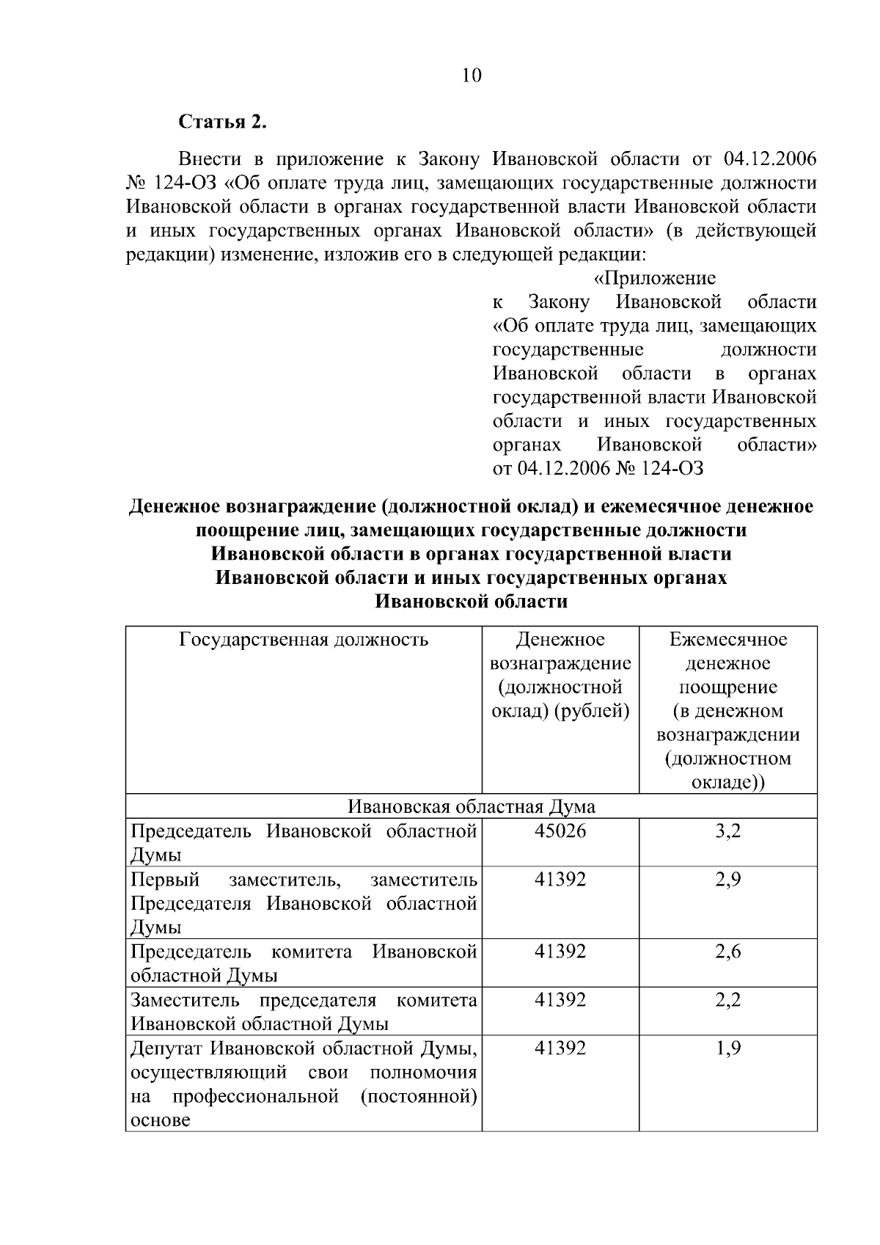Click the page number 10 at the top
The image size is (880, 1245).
pos(472,75)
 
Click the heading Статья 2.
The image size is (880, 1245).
pos(223,122)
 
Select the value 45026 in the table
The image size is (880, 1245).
pos(560,831)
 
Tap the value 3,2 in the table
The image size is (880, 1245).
pos(728,831)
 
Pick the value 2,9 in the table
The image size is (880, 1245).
pos(728,879)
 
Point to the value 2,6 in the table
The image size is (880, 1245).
pos(728,952)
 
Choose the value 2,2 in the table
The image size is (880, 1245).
pos(728,1000)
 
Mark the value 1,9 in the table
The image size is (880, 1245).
pos(728,1048)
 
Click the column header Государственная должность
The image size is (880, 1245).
pos(304,640)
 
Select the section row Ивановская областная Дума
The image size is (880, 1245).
pos(471,807)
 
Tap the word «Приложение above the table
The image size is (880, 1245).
pos(654,279)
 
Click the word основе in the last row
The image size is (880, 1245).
pos(160,1120)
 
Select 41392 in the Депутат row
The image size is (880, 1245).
pos(560,1048)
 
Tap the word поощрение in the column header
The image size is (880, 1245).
pos(727,687)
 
